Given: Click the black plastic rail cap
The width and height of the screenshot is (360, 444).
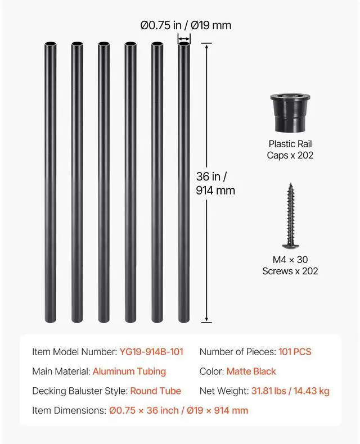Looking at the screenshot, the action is point(290,113).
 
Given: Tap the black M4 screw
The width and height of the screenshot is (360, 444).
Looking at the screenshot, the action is point(290,216).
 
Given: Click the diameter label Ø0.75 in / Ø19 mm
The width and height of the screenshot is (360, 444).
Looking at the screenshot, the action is point(186,25).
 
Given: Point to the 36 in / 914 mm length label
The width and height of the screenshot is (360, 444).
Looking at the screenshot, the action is point(215,183).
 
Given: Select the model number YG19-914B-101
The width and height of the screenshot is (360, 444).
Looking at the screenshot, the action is point(151,352).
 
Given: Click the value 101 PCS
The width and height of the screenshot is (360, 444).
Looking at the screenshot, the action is point(295,352).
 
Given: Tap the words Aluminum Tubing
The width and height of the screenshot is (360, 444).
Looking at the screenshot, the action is point(129,371).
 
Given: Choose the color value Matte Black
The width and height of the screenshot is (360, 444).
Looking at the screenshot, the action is point(251,371).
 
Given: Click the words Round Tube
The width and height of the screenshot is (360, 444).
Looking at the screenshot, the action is point(156,391).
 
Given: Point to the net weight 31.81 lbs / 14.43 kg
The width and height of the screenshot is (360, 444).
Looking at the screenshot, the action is point(291,391).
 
